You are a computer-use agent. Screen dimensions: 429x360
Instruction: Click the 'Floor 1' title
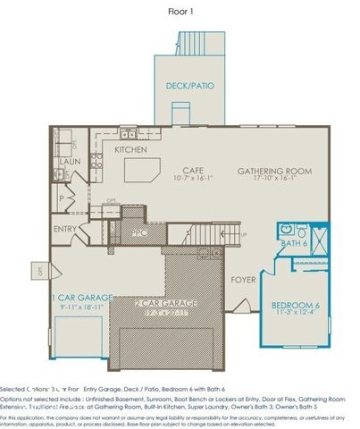coord(180,12)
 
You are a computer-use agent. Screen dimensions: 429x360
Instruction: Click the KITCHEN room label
coord(131,149)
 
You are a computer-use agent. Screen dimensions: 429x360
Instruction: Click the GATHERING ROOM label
coord(272,170)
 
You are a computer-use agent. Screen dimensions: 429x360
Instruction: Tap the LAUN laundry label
coord(71,162)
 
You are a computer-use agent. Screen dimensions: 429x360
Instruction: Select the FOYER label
coord(244,278)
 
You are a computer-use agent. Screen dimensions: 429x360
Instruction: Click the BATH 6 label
coord(293,243)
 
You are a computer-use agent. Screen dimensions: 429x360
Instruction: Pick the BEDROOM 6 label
coord(297,306)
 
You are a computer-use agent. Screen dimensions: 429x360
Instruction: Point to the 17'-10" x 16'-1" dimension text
coord(272,179)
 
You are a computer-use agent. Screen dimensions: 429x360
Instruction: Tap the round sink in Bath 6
coord(287,228)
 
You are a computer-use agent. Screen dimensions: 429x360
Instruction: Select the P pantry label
coord(61,198)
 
